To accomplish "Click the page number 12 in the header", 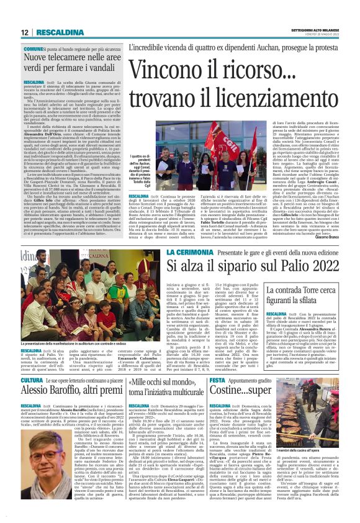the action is pos(25,32).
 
